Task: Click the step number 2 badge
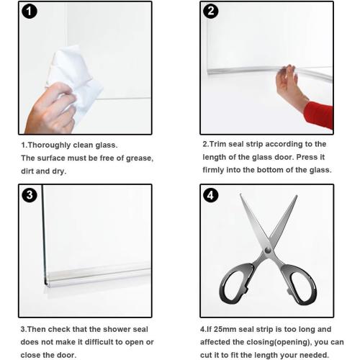tap(211, 12)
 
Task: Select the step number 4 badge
tap(211, 195)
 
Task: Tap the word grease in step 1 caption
tap(136, 158)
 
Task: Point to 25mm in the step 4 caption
tap(225, 329)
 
